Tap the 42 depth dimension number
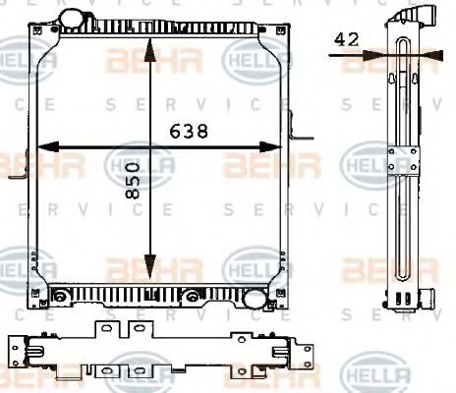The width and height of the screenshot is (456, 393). click(x=345, y=39)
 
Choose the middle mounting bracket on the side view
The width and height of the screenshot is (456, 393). click(x=402, y=162)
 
